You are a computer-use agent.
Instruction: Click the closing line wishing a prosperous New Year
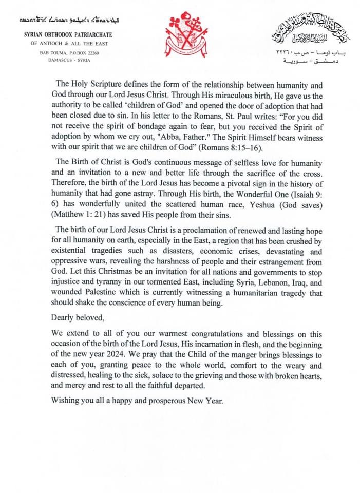click(x=138, y=400)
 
